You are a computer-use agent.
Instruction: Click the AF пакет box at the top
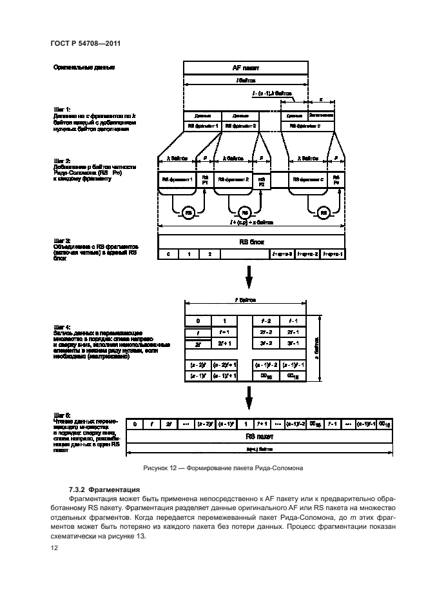tap(245, 67)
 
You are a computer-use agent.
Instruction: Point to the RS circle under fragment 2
tap(244, 212)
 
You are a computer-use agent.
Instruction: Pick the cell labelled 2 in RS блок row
tap(209, 255)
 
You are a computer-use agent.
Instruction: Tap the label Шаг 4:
tap(63, 328)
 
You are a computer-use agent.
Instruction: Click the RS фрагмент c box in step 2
tap(307, 180)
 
